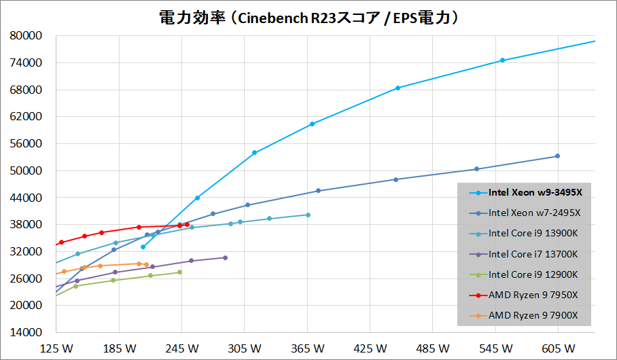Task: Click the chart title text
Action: point(308,18)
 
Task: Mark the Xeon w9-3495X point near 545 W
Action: point(502,60)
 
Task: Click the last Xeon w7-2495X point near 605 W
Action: point(557,156)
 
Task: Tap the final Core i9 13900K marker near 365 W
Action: point(308,215)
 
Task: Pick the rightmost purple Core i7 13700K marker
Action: point(225,257)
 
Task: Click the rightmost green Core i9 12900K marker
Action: point(179,272)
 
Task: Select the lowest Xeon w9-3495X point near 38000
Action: point(143,247)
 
